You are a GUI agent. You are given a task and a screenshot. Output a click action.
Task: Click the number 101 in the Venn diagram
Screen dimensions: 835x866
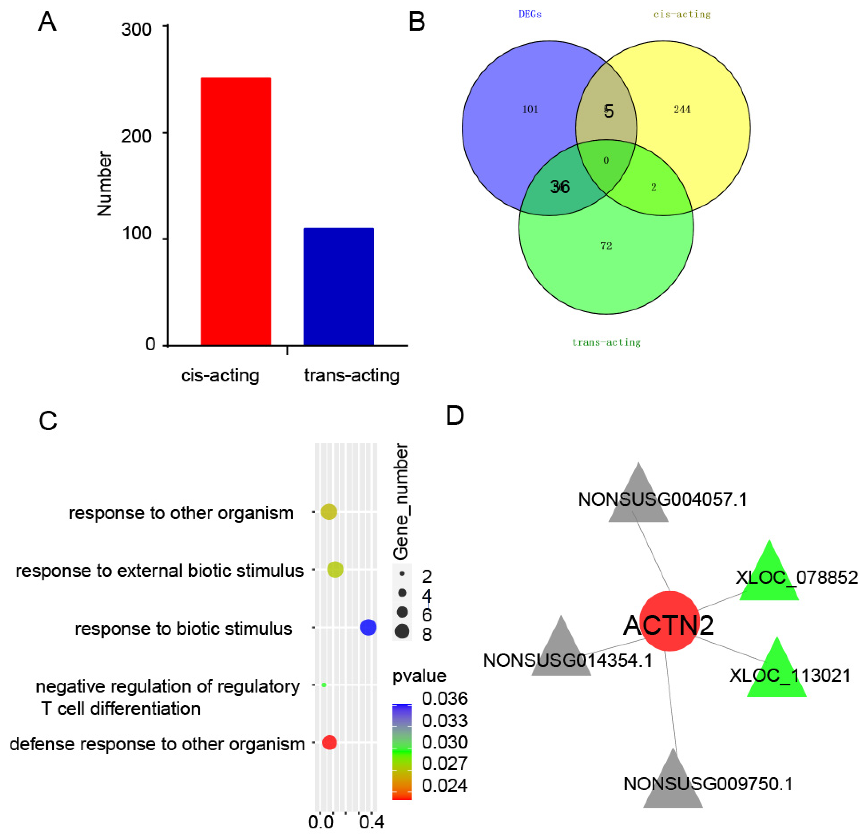[x=530, y=110]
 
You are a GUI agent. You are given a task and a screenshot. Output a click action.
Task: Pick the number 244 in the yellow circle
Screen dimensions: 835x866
[x=682, y=110]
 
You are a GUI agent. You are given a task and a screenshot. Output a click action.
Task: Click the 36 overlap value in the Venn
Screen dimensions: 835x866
[x=560, y=187]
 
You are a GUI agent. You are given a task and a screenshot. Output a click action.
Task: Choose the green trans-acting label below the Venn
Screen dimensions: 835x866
[x=606, y=342]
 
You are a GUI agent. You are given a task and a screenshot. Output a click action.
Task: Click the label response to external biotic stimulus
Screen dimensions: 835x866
[x=159, y=570]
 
